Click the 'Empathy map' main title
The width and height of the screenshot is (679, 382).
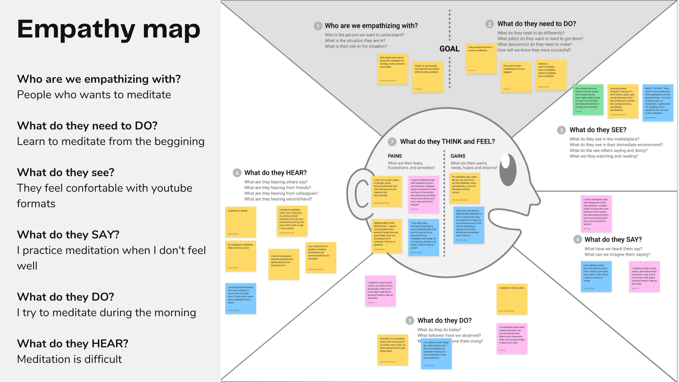(x=109, y=29)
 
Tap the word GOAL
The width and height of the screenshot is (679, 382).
(x=449, y=49)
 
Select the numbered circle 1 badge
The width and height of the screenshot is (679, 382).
(x=318, y=26)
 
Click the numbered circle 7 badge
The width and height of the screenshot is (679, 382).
(x=392, y=142)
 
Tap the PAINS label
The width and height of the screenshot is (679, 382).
(x=395, y=156)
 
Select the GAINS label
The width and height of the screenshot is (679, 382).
(x=458, y=156)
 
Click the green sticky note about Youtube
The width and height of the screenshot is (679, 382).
(x=588, y=100)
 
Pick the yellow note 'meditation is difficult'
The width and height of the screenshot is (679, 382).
(x=240, y=222)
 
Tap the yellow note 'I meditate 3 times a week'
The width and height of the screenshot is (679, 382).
(x=512, y=299)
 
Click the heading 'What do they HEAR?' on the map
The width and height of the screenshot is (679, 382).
(x=275, y=173)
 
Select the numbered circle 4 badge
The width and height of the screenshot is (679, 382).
(x=578, y=239)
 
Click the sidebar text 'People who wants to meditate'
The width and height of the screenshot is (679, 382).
(x=94, y=95)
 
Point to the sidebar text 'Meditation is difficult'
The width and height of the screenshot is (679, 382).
(x=69, y=359)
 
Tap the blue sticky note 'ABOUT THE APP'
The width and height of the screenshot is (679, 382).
(x=657, y=103)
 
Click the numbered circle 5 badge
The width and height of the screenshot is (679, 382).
(x=410, y=321)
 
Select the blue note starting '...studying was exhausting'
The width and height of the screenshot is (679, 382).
(x=240, y=298)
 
